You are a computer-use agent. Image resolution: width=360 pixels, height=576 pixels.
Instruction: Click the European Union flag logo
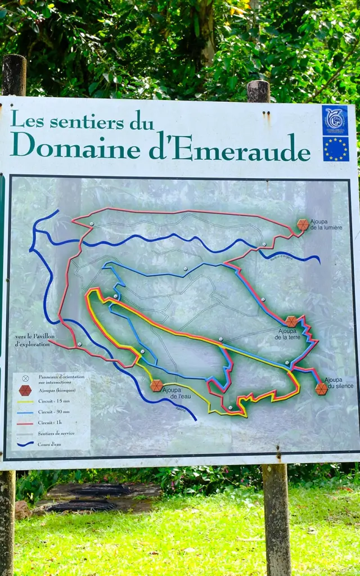pyautogui.click(x=335, y=149)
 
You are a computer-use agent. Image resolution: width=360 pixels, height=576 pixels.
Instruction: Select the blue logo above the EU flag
pyautogui.click(x=335, y=120)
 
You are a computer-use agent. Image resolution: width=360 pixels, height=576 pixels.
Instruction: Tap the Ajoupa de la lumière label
pyautogui.click(x=326, y=224)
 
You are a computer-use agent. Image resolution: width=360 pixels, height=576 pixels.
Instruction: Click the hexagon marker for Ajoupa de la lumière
pyautogui.click(x=303, y=225)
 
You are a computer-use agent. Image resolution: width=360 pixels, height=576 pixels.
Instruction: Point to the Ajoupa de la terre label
pyautogui.click(x=291, y=334)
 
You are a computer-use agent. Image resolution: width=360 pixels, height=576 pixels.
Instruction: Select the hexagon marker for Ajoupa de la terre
pyautogui.click(x=291, y=321)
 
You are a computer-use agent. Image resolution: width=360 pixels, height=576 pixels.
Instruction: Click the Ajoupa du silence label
pyautogui.click(x=333, y=383)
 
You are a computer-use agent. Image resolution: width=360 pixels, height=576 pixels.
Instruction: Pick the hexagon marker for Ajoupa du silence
pyautogui.click(x=321, y=389)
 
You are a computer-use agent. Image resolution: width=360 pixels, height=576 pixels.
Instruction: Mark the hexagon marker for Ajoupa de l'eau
pyautogui.click(x=157, y=385)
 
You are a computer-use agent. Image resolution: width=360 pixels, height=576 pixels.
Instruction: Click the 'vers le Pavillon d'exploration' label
pyautogui.click(x=33, y=340)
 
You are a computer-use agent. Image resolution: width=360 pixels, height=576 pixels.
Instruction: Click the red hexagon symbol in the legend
pyautogui.click(x=25, y=390)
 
